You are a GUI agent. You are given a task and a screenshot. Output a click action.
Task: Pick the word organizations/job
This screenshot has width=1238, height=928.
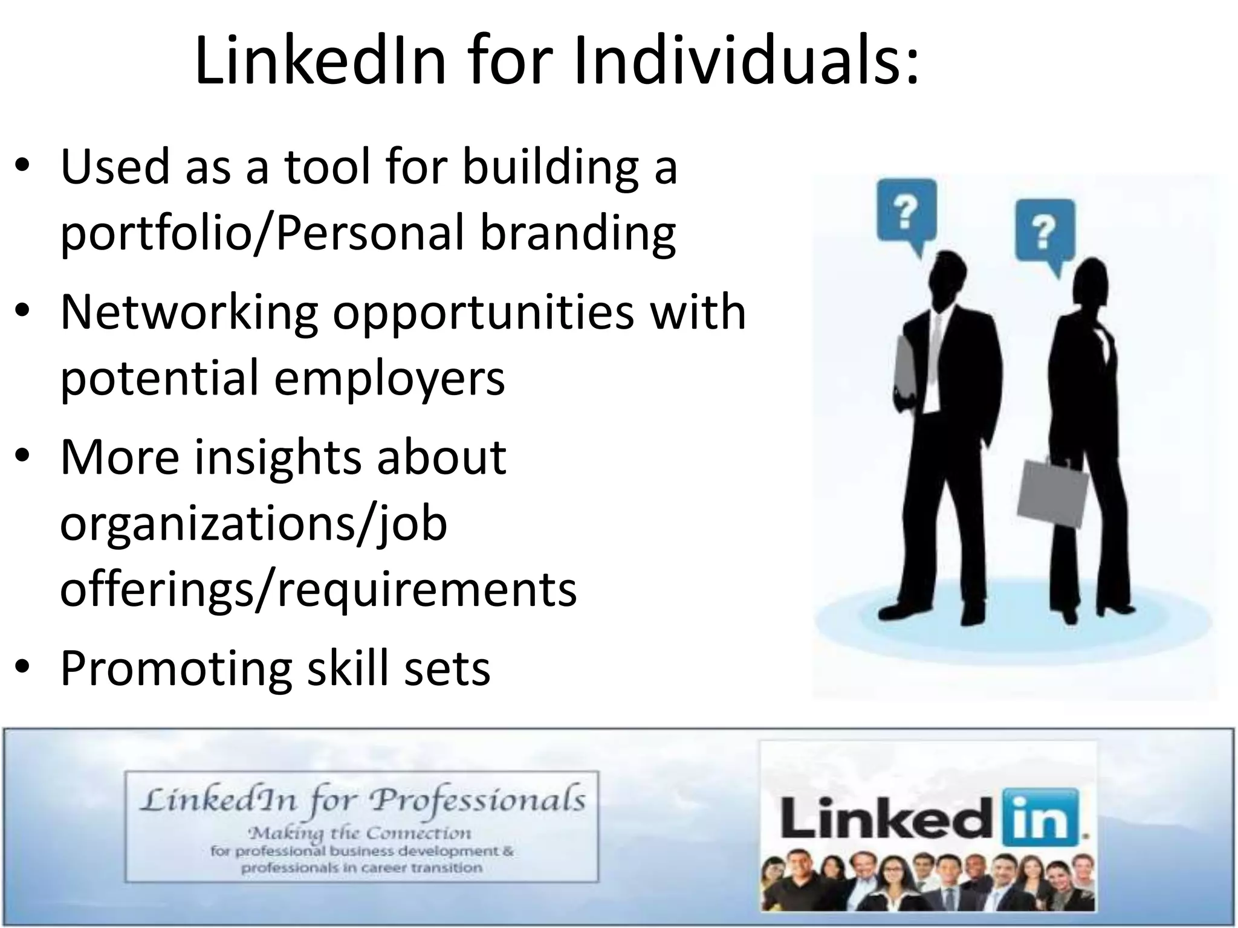point(253,524)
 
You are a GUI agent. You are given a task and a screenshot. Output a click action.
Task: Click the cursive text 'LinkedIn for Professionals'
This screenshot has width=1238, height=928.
point(362,801)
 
